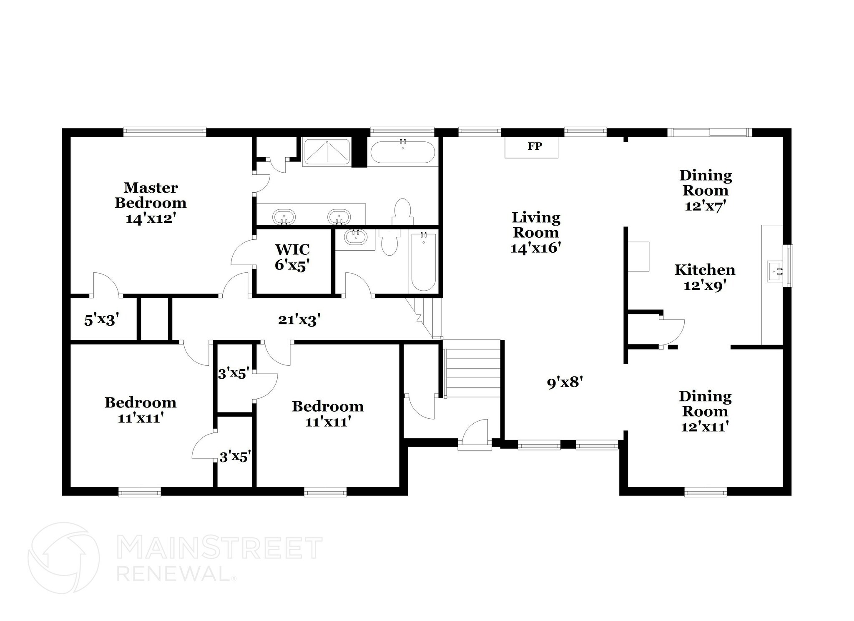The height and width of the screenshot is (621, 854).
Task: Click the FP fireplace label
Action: [x=535, y=146]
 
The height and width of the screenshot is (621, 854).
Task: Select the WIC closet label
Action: [x=292, y=249]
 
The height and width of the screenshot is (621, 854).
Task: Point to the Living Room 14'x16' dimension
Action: [x=535, y=248]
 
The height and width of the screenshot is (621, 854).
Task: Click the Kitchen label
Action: [x=705, y=270]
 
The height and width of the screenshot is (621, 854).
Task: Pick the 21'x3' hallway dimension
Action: [x=299, y=320]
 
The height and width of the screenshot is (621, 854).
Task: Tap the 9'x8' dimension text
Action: [x=564, y=382]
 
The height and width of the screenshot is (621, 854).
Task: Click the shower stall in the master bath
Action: [x=327, y=152]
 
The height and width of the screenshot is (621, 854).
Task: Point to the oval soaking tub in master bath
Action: [x=402, y=152]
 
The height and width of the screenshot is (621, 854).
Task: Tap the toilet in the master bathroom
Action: [x=403, y=211]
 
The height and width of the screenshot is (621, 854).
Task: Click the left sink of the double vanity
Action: [x=284, y=217]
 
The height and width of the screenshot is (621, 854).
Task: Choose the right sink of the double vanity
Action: [x=339, y=217]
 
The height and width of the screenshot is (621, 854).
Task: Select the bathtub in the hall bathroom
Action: [x=423, y=261]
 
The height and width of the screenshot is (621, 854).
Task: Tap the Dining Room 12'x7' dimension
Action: [x=706, y=206]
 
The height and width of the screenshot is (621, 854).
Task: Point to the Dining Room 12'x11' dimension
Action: [x=705, y=427]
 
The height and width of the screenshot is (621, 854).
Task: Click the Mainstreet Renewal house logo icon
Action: [x=63, y=558]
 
